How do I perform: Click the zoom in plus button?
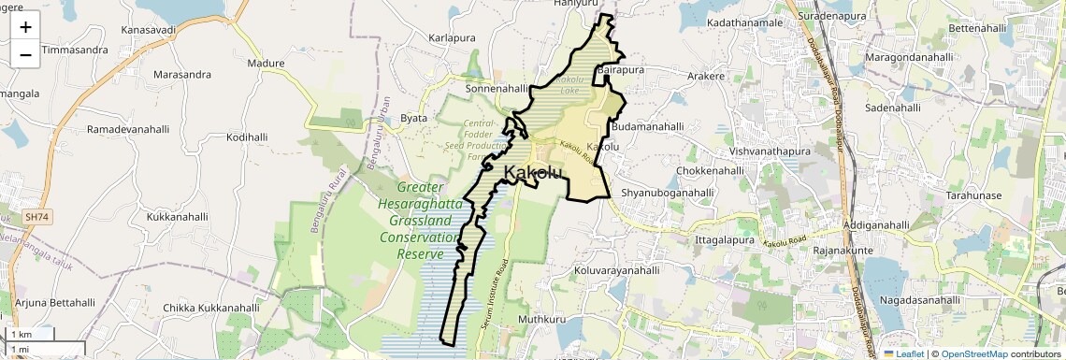(x=25, y=26)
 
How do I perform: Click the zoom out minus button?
(x=25, y=54)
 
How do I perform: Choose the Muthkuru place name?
(x=543, y=319)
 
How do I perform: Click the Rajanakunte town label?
(x=821, y=250)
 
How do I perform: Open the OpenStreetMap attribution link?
(x=973, y=353)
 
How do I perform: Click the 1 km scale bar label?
(x=21, y=334)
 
